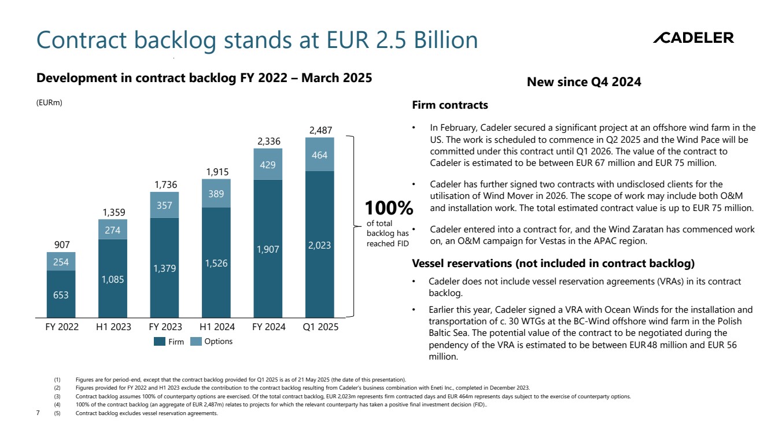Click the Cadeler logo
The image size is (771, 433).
693,38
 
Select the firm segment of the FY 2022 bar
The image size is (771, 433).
61,294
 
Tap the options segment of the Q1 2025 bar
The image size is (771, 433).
319,155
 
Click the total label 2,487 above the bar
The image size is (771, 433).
320,131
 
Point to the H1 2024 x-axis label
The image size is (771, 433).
217,327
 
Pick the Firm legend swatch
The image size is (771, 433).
160,342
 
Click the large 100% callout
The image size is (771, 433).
388,208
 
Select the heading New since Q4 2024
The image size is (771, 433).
584,82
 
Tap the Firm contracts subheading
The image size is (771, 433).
449,105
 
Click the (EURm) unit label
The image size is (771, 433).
49,103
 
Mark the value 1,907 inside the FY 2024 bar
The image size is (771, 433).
268,249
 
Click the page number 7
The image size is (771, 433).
38,413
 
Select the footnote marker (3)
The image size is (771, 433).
57,397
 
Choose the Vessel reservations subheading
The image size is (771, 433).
553,264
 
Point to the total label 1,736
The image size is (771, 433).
165,185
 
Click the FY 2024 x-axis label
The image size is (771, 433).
268,327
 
